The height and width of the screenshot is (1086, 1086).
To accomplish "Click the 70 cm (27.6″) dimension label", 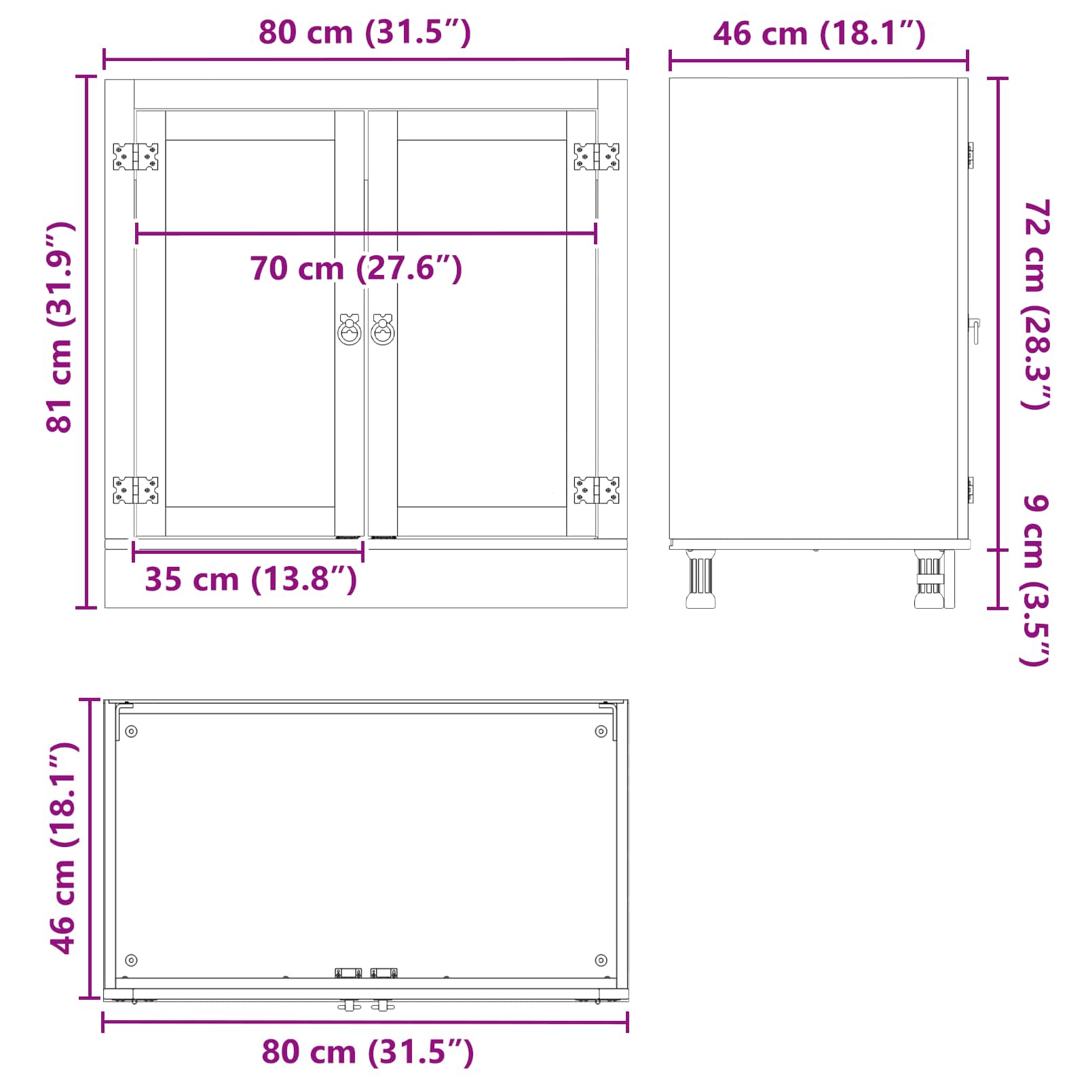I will click(x=356, y=268).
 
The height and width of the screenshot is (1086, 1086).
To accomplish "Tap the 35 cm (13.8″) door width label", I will click(x=250, y=579).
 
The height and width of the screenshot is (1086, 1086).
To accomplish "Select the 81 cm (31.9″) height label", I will click(x=60, y=326).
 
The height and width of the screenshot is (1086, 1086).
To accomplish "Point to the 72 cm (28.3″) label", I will click(x=1036, y=305).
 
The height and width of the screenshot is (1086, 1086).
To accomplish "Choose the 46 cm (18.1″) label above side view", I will click(x=819, y=33).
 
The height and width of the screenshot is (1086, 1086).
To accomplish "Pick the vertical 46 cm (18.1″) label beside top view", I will click(x=64, y=848).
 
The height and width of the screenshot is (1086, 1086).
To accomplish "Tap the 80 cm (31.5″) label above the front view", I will click(x=364, y=32).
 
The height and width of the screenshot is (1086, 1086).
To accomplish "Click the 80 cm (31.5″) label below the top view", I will click(x=367, y=1052).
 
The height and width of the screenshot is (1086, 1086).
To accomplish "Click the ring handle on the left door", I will click(x=350, y=330).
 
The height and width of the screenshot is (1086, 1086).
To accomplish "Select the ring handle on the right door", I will click(x=383, y=330).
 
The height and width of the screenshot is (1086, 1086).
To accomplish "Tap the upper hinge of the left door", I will click(x=136, y=157).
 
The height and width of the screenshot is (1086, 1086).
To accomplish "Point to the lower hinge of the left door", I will click(x=136, y=490).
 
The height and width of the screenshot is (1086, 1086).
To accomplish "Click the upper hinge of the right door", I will click(x=597, y=157).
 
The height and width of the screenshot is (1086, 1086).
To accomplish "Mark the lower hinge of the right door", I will click(x=597, y=490).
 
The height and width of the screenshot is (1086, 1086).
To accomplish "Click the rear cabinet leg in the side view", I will click(x=700, y=579).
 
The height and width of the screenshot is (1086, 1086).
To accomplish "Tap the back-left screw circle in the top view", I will click(x=132, y=731).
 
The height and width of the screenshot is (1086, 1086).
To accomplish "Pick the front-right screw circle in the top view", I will click(x=601, y=960).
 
